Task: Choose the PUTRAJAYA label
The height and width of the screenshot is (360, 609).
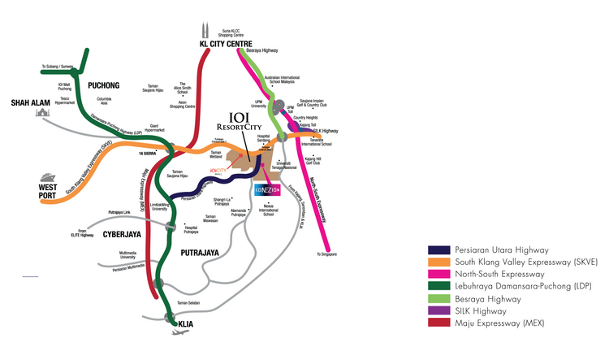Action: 197,253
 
